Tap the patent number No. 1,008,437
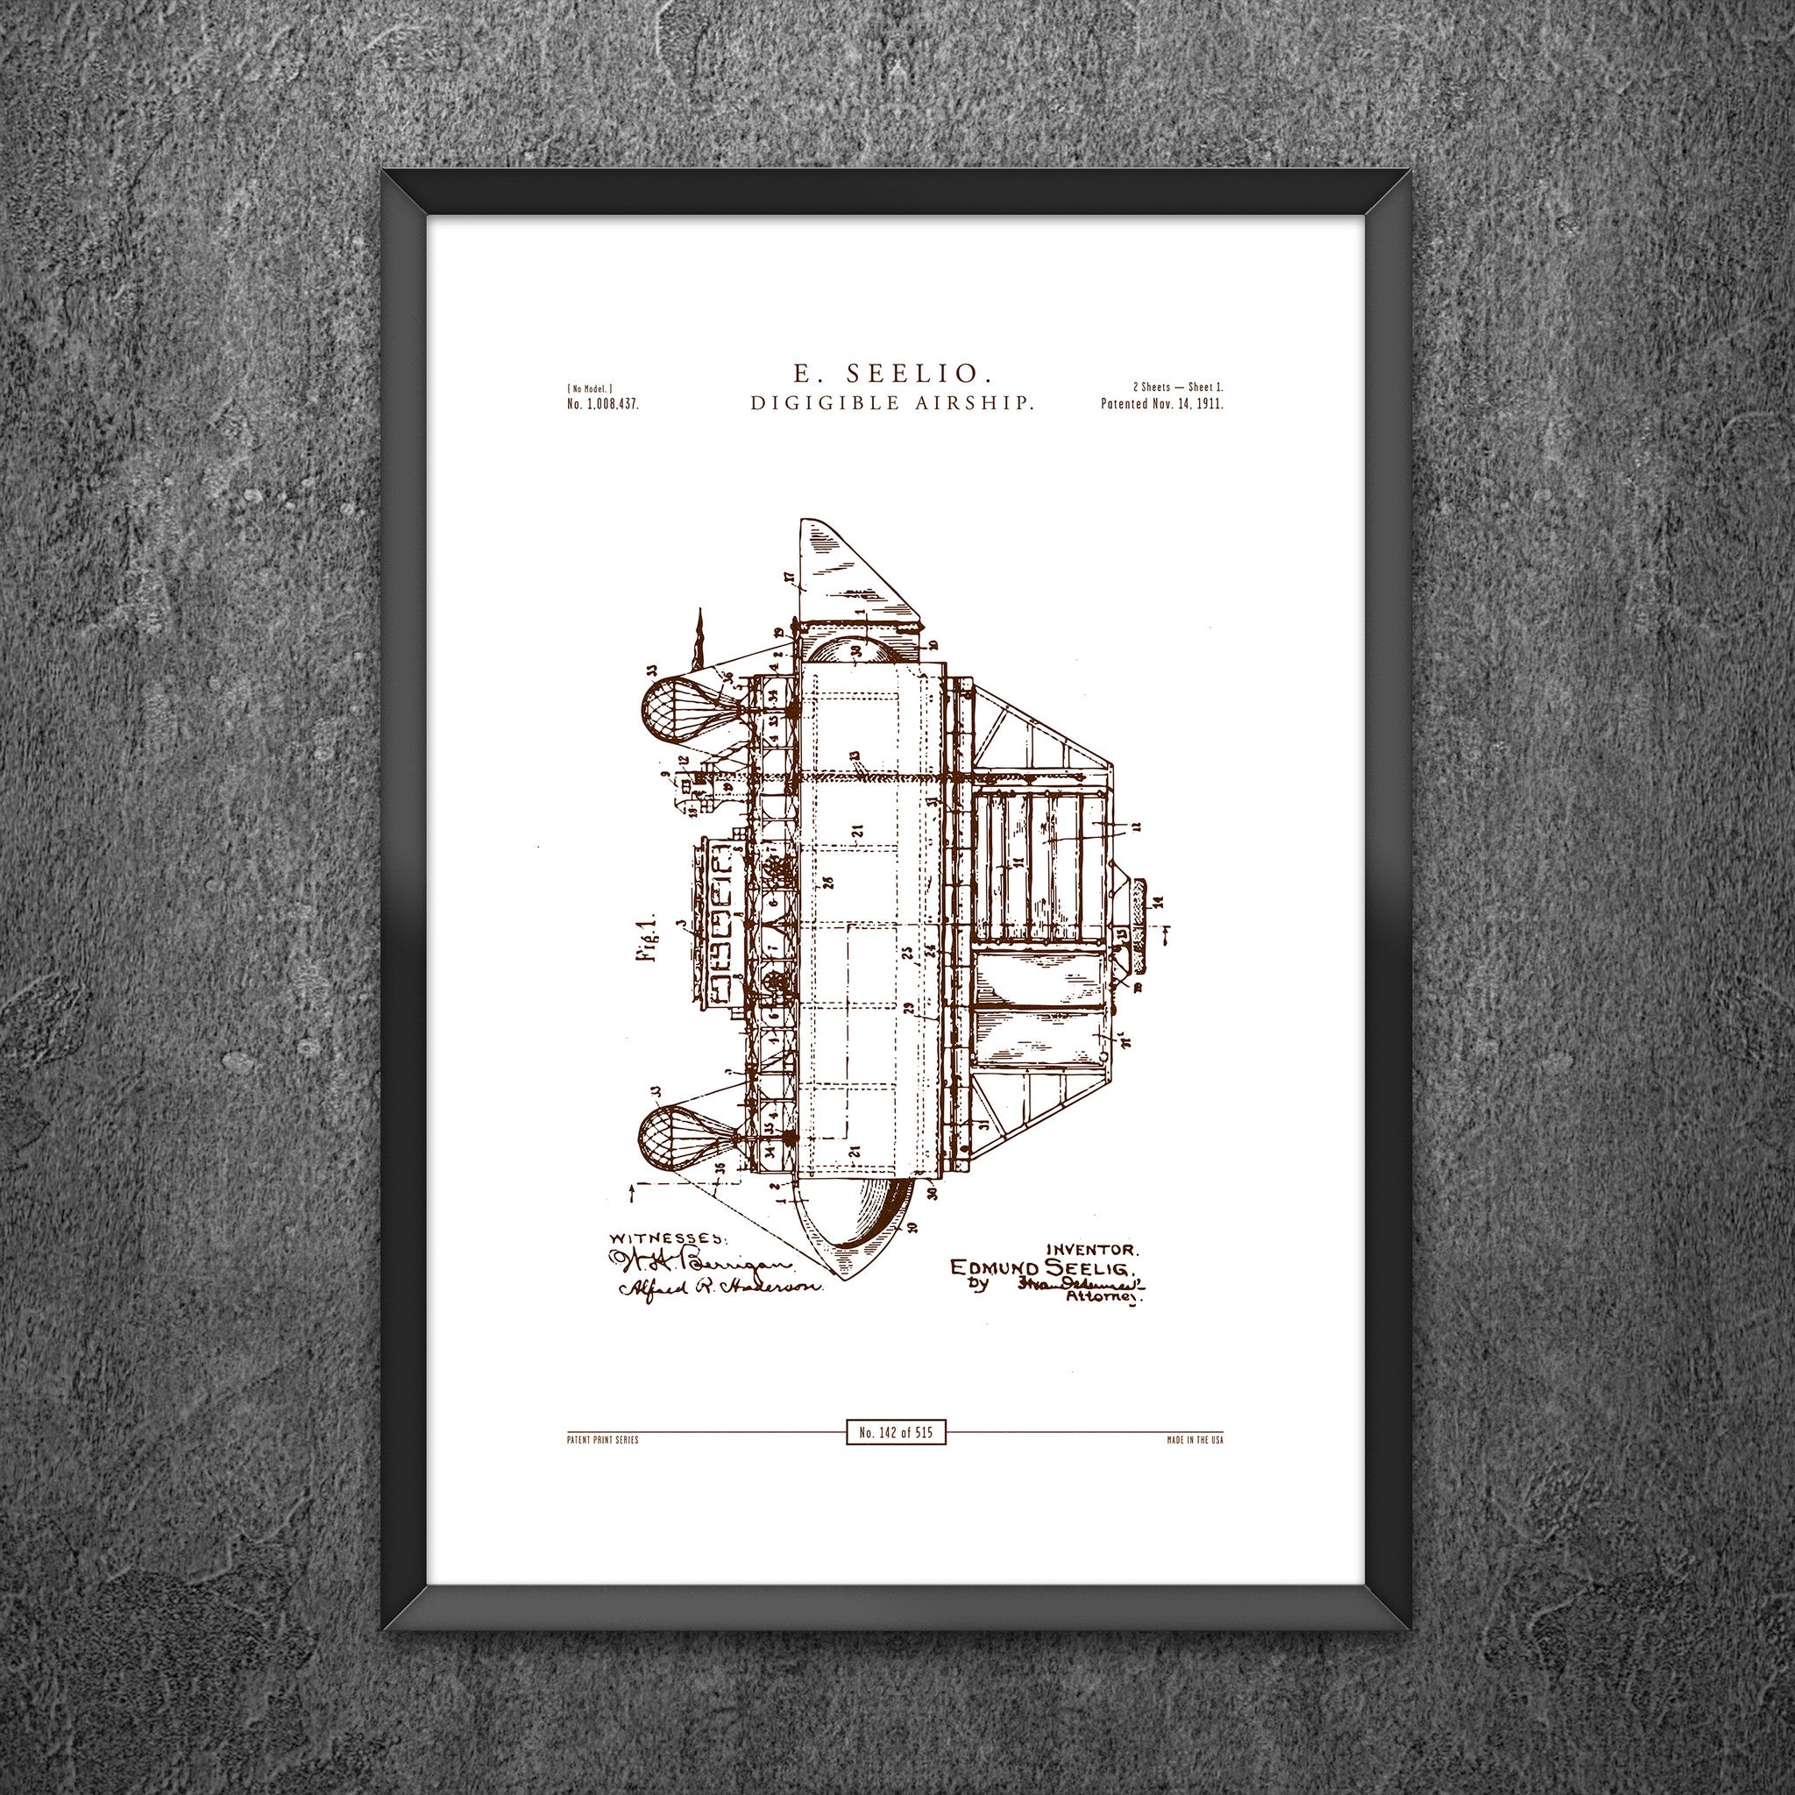point(602,404)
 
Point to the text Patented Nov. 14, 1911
point(1161,405)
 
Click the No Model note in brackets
point(589,387)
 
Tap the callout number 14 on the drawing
point(1158,901)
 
